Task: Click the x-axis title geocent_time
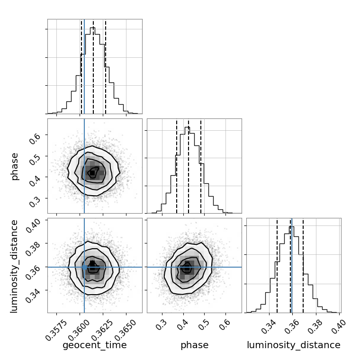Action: (95, 345)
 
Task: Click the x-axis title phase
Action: (194, 345)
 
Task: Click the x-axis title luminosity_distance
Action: (294, 345)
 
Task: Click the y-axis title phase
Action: (15, 166)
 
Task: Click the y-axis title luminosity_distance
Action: (15, 265)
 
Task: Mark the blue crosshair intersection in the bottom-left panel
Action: (84, 267)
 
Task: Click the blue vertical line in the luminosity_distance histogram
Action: (292, 265)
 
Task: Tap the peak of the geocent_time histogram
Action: (93, 28)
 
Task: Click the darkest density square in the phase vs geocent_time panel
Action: (92, 173)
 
